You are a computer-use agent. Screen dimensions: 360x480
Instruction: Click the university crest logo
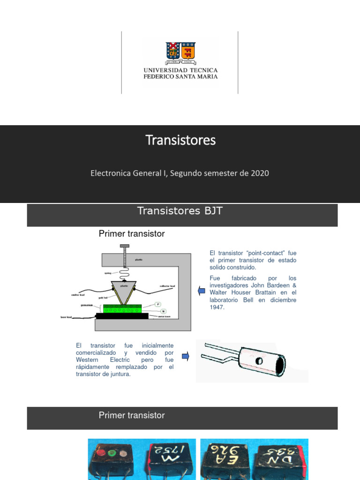click(180, 52)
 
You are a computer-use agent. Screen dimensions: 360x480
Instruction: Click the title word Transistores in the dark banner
click(180, 140)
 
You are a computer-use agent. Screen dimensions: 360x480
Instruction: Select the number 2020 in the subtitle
click(260, 173)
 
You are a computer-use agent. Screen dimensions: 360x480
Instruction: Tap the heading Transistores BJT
click(180, 211)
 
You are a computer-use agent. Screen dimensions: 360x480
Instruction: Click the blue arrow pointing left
click(202, 291)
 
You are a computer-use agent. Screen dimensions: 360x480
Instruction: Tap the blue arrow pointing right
click(185, 356)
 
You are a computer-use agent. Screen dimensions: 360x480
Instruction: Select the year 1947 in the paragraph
click(217, 307)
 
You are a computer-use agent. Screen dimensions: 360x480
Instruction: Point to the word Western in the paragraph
click(87, 360)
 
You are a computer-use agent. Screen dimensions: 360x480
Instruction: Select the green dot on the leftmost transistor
click(112, 454)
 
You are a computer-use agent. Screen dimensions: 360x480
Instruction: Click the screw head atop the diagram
click(125, 246)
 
